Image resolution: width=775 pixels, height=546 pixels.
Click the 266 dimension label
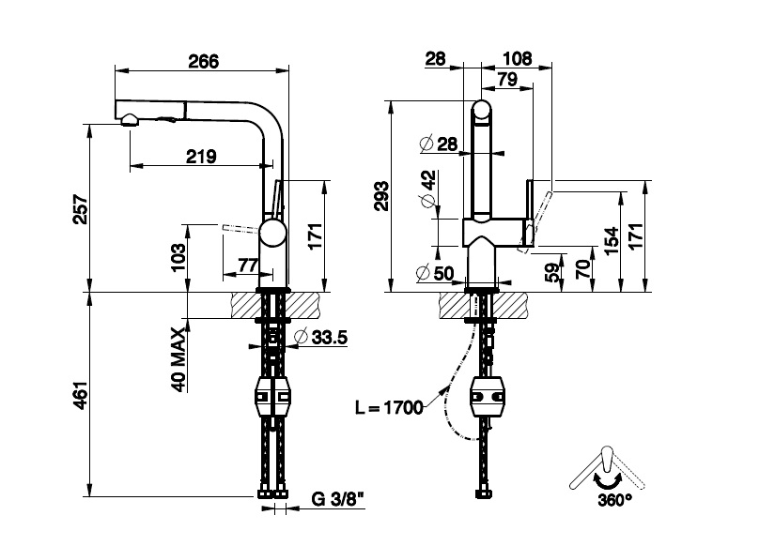pos(204,61)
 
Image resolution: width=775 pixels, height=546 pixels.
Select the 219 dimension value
pos(201,157)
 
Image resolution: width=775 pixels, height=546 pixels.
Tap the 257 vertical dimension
pos(81,210)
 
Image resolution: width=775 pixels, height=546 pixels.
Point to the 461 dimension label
pos(81,395)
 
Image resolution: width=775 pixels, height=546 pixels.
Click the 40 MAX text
pos(178,359)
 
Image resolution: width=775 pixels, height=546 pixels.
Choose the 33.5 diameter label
pos(321,337)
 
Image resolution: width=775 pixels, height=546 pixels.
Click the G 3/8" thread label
pos(337,499)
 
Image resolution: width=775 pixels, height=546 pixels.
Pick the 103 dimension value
pos(178,257)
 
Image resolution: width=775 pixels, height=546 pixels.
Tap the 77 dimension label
pos(248,265)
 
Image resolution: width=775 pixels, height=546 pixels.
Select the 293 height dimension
pos(381,196)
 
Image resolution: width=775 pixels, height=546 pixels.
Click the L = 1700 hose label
pos(390,408)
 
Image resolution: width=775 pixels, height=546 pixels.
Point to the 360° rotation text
pos(615,500)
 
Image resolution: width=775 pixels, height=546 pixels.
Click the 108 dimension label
pos(517,59)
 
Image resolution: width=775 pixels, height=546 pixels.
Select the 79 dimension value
pos(507,79)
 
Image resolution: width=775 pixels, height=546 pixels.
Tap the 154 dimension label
pos(612,241)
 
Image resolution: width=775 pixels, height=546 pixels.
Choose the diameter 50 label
pos(436,273)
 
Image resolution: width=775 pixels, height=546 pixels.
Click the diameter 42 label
pos(428,189)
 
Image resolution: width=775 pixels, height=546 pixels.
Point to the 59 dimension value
pos(554,272)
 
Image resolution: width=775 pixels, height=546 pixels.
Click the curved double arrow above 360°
pos(608,479)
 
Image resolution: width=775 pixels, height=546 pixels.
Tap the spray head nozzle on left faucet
pos(129,120)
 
